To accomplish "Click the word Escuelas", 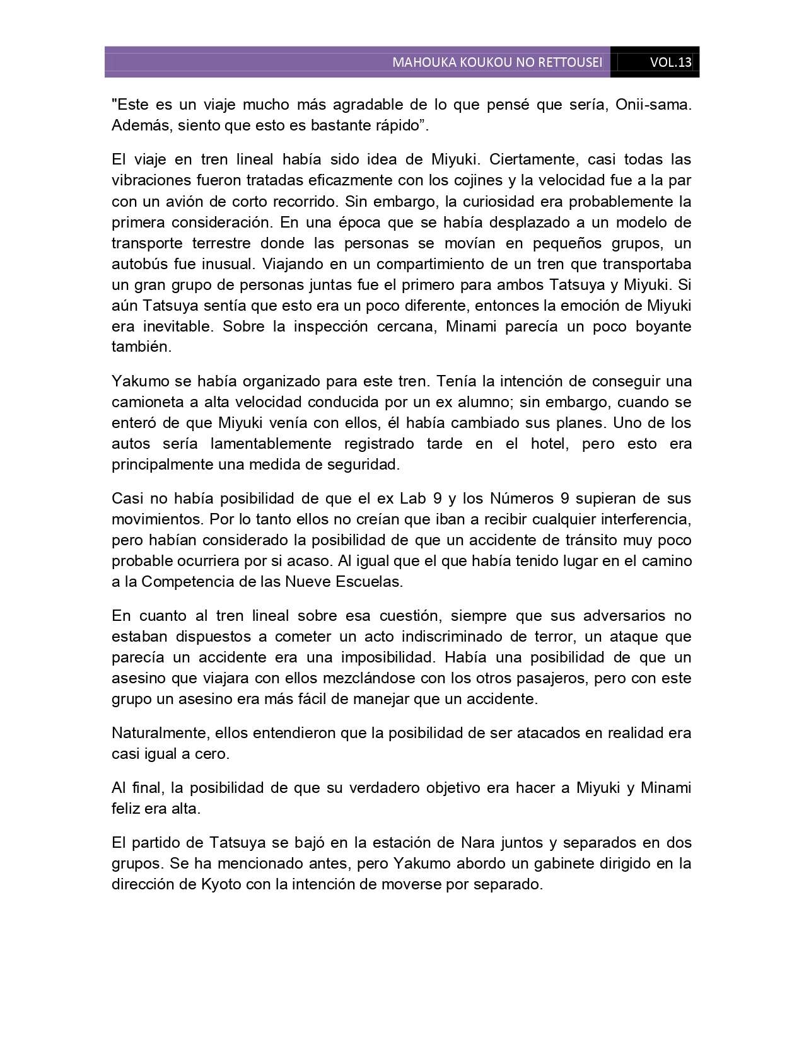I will (370, 581).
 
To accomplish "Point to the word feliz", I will (126, 808).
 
